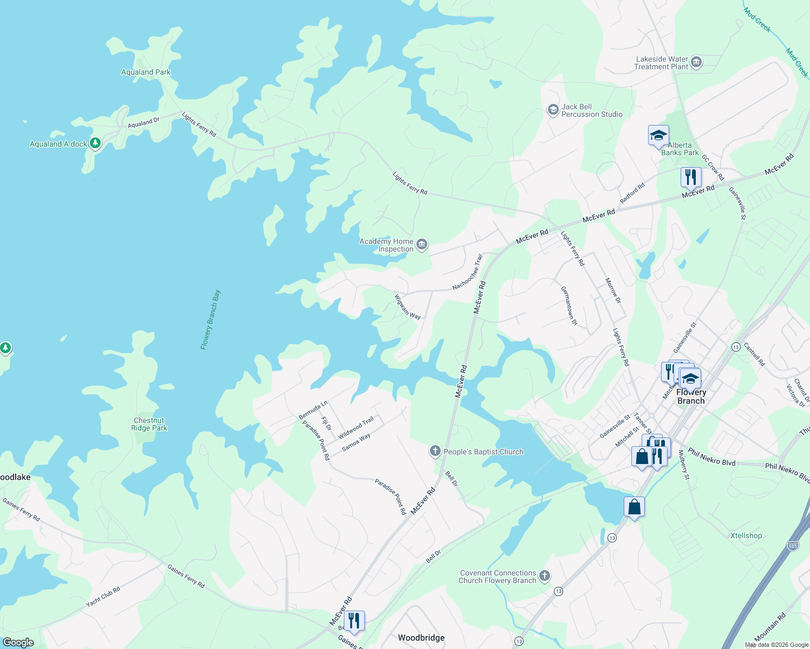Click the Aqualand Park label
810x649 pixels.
pyautogui.click(x=146, y=72)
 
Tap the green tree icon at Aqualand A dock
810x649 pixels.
pyautogui.click(x=95, y=143)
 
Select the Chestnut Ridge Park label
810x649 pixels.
pyautogui.click(x=149, y=424)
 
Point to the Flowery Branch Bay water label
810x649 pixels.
pyautogui.click(x=211, y=320)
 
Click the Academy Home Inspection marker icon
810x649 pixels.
pyautogui.click(x=422, y=245)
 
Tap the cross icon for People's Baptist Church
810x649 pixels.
pyautogui.click(x=435, y=451)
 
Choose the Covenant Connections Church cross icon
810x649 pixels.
pyautogui.click(x=545, y=577)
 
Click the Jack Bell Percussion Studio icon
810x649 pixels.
pyautogui.click(x=553, y=110)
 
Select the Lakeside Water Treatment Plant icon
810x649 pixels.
pyautogui.click(x=696, y=63)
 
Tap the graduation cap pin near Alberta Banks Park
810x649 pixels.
pyautogui.click(x=658, y=136)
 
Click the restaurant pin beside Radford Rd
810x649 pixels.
pyautogui.click(x=690, y=177)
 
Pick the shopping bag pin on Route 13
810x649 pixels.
pyautogui.click(x=634, y=507)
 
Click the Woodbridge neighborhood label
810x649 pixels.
pyautogui.click(x=421, y=638)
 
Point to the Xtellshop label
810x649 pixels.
pyautogui.click(x=746, y=535)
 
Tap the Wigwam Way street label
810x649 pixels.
pyautogui.click(x=407, y=307)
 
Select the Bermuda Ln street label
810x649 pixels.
pyautogui.click(x=313, y=410)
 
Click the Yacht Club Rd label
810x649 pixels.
pyautogui.click(x=103, y=597)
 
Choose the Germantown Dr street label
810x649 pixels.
pyautogui.click(x=569, y=306)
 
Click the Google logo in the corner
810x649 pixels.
pyautogui.click(x=18, y=642)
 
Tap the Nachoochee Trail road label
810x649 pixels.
pyautogui.click(x=467, y=272)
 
